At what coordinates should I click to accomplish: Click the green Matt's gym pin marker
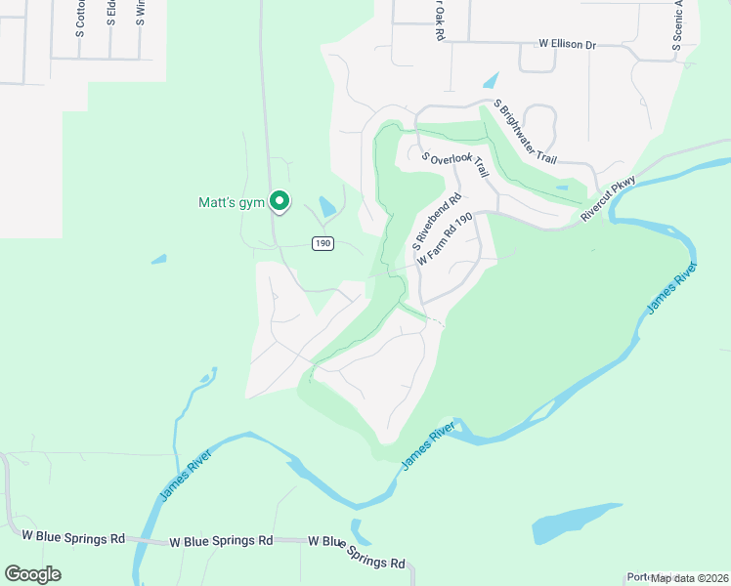click(x=279, y=201)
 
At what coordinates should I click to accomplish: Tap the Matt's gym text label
click(x=232, y=203)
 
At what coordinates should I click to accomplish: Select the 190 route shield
click(x=323, y=243)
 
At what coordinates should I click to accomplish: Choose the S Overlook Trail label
click(x=454, y=163)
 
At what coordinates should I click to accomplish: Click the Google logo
click(x=32, y=574)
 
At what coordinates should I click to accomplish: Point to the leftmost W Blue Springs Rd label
click(x=73, y=537)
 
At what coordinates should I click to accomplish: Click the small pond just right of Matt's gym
click(x=326, y=207)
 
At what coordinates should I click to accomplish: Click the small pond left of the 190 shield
click(x=158, y=260)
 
